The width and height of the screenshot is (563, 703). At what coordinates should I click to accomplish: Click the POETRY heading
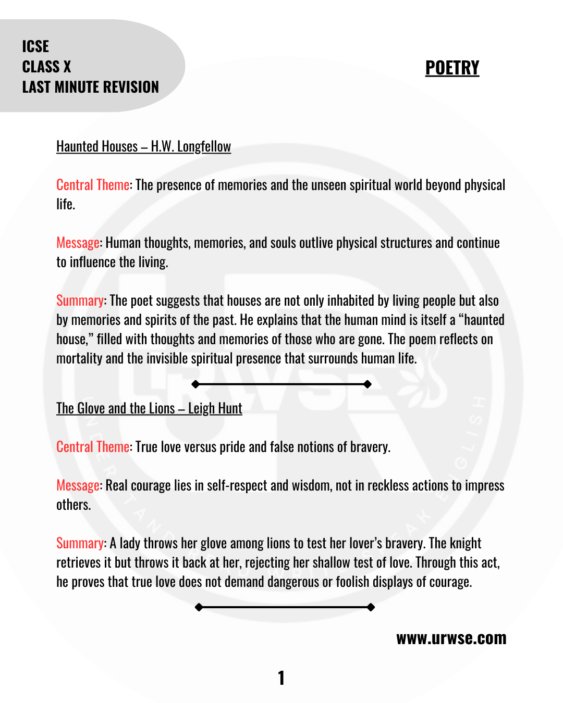452,68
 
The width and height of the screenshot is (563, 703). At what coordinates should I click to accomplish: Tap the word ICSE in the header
35,46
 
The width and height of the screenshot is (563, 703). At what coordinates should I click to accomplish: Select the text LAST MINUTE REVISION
90,87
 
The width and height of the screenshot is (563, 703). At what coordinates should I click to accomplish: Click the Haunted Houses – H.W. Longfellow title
143,146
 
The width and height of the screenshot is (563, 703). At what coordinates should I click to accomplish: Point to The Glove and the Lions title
149,408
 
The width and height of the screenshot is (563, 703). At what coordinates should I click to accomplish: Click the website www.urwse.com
451,638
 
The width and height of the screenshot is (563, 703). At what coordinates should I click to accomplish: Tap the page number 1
281,678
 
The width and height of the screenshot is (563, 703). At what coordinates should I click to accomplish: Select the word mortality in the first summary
79,358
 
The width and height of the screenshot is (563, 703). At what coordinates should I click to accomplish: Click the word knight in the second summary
466,543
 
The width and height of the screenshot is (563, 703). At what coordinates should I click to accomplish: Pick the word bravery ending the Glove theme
370,447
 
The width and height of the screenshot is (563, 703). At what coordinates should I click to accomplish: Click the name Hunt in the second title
230,408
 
